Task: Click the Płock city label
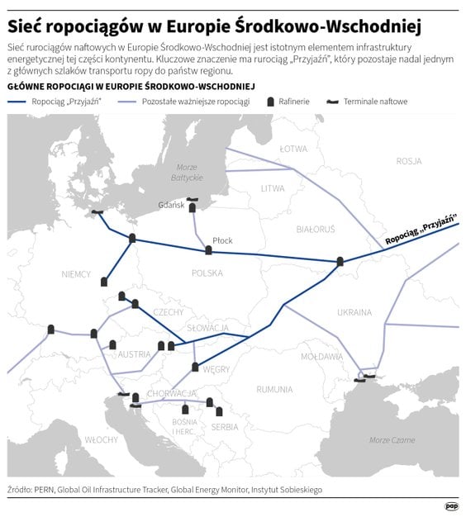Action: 222,240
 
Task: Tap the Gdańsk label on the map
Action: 172,205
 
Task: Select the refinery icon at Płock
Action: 208,250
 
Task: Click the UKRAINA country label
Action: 354,311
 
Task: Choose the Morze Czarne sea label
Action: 392,440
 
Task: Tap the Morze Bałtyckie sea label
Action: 187,173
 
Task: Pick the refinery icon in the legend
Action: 271,101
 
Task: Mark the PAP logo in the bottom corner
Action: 451,505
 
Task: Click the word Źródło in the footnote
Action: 18,490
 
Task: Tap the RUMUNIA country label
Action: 274,389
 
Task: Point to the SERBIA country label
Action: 225,427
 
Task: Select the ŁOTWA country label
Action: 292,149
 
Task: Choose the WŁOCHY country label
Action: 101,440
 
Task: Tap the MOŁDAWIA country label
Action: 321,357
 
